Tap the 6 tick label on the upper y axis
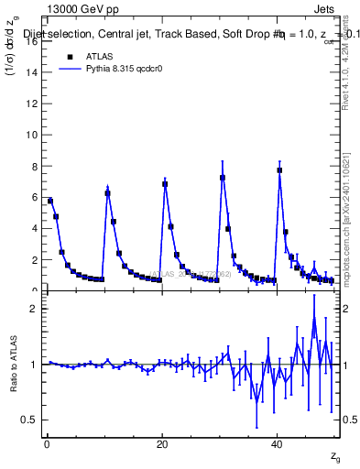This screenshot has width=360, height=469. [x=34, y=197]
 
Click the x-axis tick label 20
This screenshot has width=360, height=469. [x=162, y=444]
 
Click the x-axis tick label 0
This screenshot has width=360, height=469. [x=47, y=444]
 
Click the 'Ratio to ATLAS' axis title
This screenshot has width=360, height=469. [x=13, y=364]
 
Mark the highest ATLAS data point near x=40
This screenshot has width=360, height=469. [x=279, y=170]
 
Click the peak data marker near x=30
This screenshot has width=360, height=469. [x=223, y=178]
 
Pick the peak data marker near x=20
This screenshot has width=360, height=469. [x=165, y=184]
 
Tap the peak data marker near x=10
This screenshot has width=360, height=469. [x=107, y=193]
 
